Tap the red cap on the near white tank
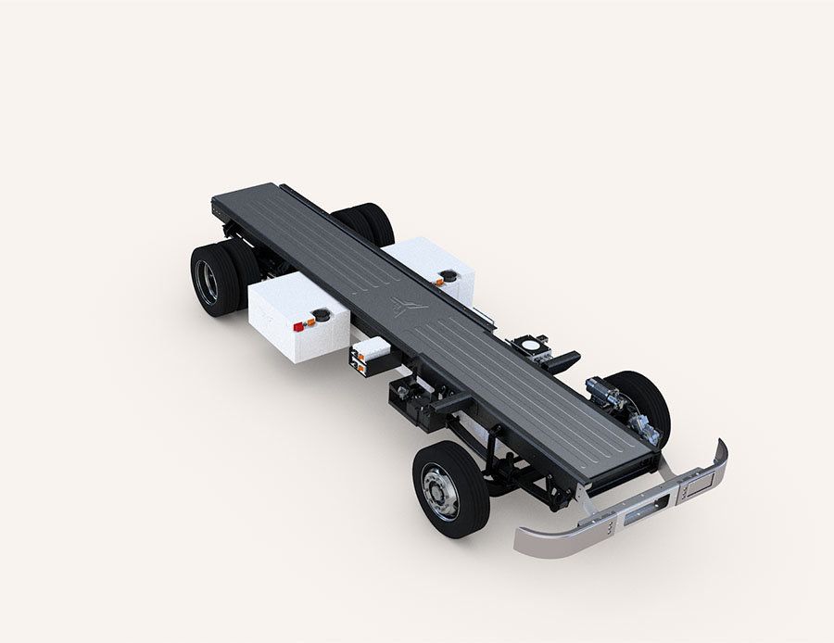coord(298,325)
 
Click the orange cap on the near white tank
coord(310,322)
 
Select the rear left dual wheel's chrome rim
coord(206,283)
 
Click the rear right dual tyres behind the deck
coord(367,223)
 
